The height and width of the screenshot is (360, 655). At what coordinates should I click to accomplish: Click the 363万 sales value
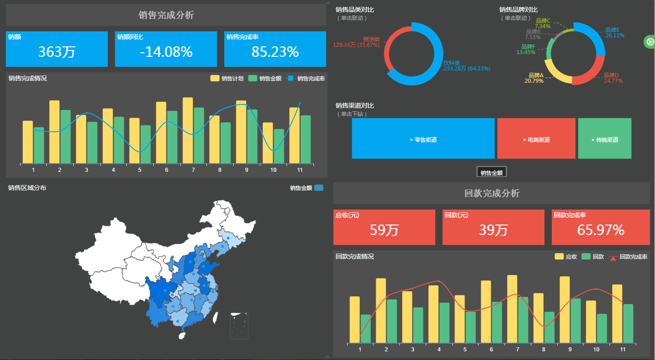point(56,52)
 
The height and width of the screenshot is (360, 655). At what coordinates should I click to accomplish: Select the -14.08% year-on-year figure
point(166,52)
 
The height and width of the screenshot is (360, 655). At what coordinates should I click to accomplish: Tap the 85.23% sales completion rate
point(275,52)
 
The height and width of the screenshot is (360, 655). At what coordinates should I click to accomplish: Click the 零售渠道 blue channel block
point(423,140)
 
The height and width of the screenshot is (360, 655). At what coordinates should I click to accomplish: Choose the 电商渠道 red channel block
point(536,140)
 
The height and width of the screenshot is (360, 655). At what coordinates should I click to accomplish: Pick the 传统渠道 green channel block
point(605,140)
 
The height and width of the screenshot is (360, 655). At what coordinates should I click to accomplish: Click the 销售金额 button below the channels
point(491,173)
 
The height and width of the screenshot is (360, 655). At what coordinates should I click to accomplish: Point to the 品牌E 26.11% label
point(615,32)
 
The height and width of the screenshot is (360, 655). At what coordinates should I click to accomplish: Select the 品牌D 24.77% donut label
point(613,78)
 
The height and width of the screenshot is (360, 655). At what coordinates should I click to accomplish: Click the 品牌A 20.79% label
point(534,78)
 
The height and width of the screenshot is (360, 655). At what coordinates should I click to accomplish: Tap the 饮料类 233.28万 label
point(467,66)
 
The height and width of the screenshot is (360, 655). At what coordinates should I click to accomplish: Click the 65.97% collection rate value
point(601,230)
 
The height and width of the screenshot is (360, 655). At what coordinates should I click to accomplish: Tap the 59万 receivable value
point(384,230)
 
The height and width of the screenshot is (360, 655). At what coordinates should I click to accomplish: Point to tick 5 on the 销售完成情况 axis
point(140,170)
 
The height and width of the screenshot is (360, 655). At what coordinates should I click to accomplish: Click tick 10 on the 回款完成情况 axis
point(596,350)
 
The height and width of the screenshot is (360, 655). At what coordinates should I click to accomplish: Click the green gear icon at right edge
point(649,41)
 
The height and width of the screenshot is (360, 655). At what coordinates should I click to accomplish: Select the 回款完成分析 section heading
point(492,193)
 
